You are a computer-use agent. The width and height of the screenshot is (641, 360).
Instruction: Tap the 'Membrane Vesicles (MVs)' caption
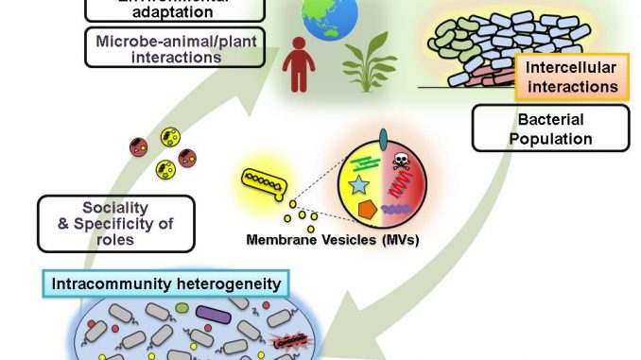(x=332, y=240)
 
